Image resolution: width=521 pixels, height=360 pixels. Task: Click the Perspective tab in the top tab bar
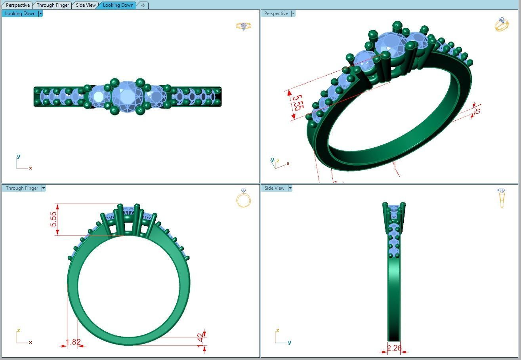point(18,5)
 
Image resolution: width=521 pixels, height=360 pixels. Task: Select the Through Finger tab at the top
point(53,5)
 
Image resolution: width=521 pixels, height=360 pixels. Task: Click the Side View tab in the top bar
point(86,5)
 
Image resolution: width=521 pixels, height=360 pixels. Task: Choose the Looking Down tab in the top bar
point(118,5)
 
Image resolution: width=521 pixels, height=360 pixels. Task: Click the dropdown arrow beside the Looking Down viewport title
point(40,13)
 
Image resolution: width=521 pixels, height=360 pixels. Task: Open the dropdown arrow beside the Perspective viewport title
point(293,13)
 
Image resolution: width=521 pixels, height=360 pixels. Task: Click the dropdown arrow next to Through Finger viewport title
point(44,188)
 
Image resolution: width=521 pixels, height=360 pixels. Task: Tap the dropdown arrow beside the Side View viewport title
point(290,188)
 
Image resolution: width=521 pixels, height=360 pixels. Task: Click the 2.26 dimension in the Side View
point(394,348)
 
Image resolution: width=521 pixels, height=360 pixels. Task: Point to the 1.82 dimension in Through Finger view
point(73,342)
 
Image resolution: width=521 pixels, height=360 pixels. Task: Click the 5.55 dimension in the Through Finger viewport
point(54,219)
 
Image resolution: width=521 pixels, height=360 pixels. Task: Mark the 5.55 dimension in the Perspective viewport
point(298,103)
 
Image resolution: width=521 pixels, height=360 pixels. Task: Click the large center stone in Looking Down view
point(127,96)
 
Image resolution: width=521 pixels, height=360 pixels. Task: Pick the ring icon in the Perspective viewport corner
point(502,25)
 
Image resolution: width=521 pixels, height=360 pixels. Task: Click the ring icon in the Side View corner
point(502,198)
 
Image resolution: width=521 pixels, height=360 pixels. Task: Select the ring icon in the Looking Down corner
point(244,26)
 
